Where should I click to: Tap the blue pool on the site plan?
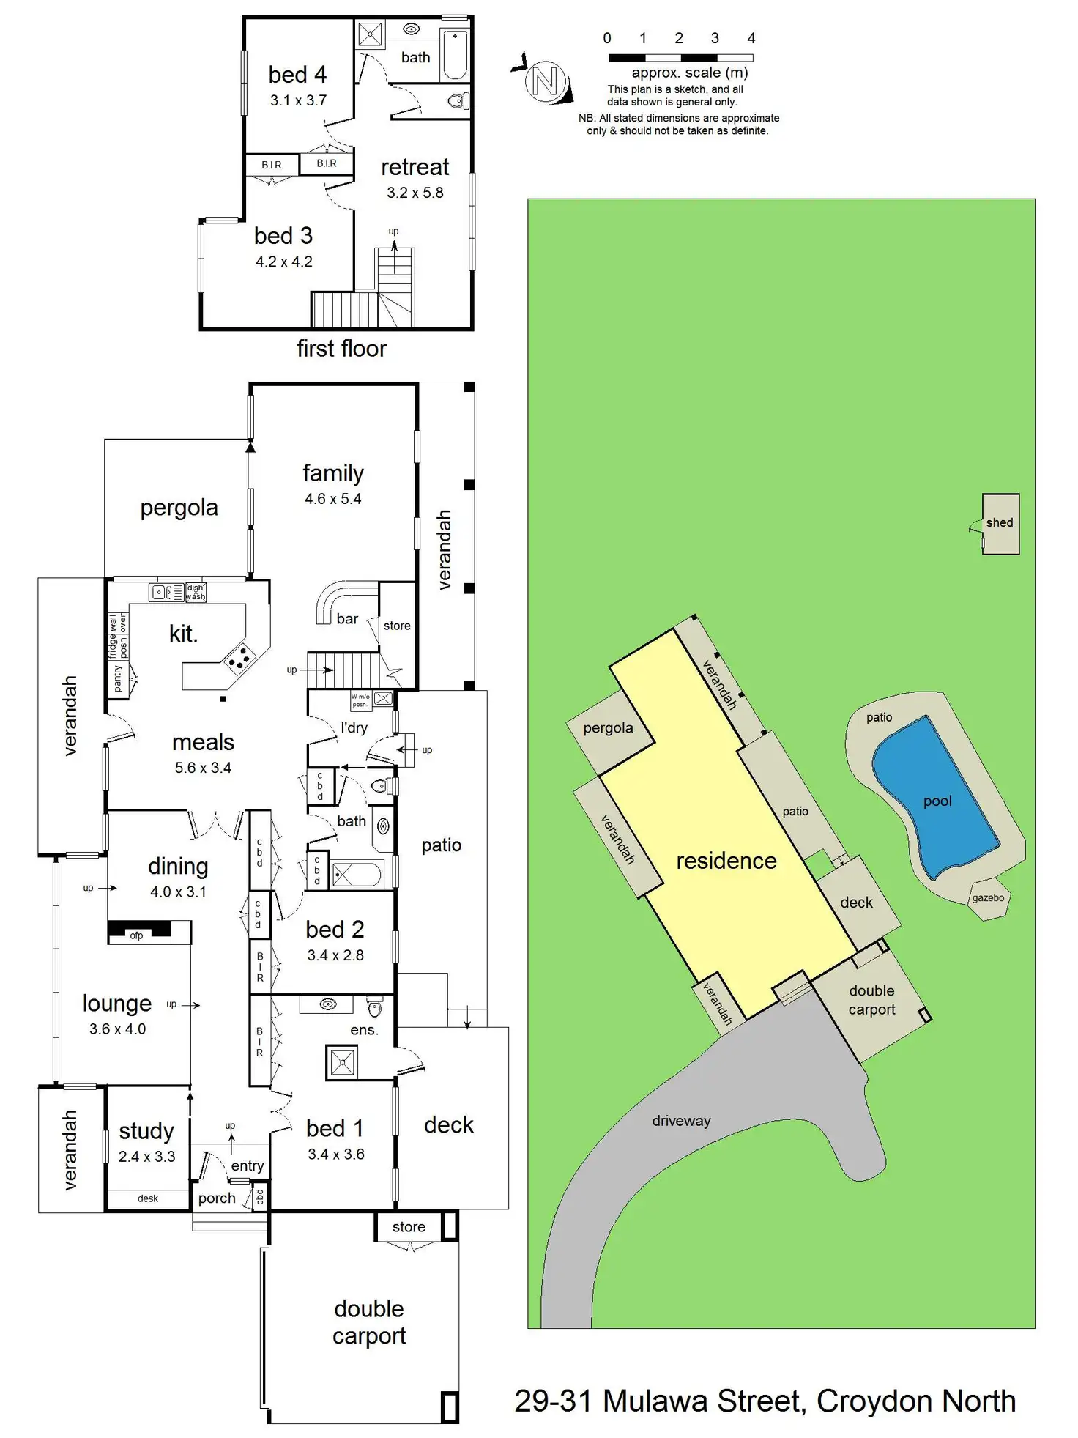pyautogui.click(x=936, y=797)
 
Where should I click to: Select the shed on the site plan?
pyautogui.click(x=1000, y=523)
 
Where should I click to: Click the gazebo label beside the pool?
pyautogui.click(x=988, y=897)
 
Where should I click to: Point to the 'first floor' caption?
pyautogui.click(x=341, y=349)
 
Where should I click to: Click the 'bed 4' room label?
pyautogui.click(x=297, y=75)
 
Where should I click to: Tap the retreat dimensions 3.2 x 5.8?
pyautogui.click(x=415, y=193)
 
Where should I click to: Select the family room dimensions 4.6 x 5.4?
pyautogui.click(x=333, y=499)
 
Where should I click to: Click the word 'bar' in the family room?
pyautogui.click(x=347, y=619)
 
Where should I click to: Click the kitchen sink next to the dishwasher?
pyautogui.click(x=167, y=592)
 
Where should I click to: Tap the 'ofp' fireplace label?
pyautogui.click(x=136, y=935)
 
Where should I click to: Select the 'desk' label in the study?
pyautogui.click(x=148, y=1198)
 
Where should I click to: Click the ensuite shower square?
pyautogui.click(x=342, y=1062)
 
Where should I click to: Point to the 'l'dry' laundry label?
pyautogui.click(x=354, y=727)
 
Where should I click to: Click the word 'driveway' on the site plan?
pyautogui.click(x=681, y=1121)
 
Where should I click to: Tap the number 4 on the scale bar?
pyautogui.click(x=751, y=38)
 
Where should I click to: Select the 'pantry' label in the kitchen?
pyautogui.click(x=118, y=678)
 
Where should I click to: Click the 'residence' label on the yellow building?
pyautogui.click(x=726, y=861)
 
